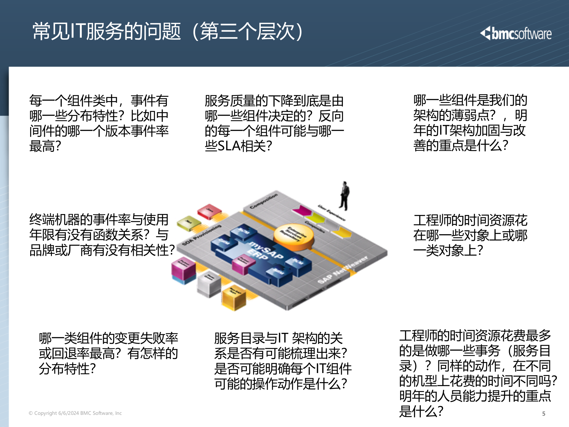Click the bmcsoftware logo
point(516,34)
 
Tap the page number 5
point(544,414)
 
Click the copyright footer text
point(75,413)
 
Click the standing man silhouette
point(344,196)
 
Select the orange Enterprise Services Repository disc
point(293,236)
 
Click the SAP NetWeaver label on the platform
point(342,270)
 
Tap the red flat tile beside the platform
point(210,211)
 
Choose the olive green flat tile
point(189,223)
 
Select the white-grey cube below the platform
point(209,283)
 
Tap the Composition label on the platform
point(263,201)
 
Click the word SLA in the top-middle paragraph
point(228,146)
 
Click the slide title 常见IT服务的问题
point(107,31)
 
